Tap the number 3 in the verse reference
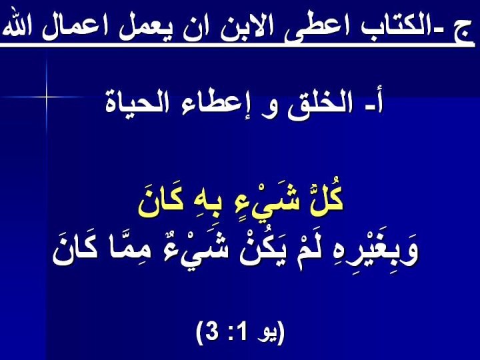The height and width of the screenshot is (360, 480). pos(211,333)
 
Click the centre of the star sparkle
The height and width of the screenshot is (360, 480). pos(47,97)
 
